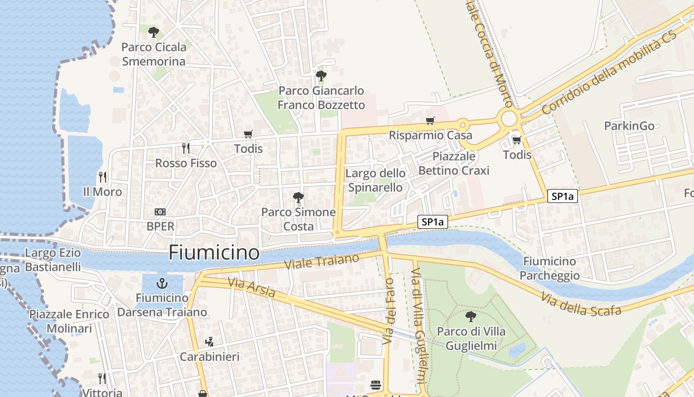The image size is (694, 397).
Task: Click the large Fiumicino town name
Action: click(x=214, y=253)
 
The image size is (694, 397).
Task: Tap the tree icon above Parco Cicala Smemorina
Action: click(x=154, y=32)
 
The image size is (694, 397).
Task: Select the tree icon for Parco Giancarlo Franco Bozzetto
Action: click(x=321, y=76)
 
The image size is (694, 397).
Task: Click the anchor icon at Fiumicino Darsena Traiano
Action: click(x=162, y=284)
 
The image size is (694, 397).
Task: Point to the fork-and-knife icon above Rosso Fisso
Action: click(x=186, y=148)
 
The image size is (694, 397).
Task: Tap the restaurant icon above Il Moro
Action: click(x=103, y=177)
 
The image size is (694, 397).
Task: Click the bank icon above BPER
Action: click(x=160, y=212)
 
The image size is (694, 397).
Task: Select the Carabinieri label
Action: click(x=210, y=357)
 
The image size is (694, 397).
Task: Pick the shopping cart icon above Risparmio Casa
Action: click(x=430, y=121)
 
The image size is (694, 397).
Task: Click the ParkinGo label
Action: click(x=629, y=126)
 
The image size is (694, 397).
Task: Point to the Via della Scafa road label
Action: click(x=581, y=304)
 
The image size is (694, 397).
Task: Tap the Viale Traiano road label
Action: click(x=322, y=262)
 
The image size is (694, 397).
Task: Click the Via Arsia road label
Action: click(x=251, y=287)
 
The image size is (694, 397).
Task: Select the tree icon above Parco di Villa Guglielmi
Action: click(x=471, y=316)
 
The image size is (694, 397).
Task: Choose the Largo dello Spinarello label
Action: click(x=375, y=180)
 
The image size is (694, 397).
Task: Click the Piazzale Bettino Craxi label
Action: click(x=454, y=163)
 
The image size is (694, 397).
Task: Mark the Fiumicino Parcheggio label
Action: click(x=550, y=268)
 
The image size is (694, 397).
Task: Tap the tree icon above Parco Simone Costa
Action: click(x=298, y=198)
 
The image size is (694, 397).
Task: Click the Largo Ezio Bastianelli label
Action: click(x=53, y=260)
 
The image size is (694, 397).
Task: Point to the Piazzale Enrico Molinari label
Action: click(x=69, y=321)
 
